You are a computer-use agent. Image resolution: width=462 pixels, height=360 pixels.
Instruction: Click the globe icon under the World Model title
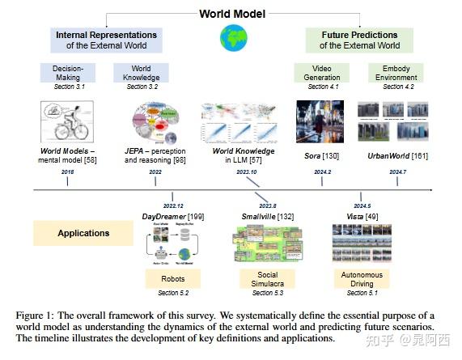click(x=234, y=38)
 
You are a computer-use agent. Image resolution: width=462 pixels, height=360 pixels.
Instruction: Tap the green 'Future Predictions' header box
click(x=358, y=40)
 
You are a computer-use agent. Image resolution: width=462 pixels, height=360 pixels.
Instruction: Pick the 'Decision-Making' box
click(x=69, y=74)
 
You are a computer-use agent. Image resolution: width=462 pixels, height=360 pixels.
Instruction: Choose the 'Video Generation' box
click(x=320, y=74)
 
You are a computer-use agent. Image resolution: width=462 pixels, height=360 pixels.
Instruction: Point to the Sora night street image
click(x=320, y=121)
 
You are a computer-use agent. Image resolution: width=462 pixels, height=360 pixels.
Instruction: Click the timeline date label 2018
click(x=67, y=172)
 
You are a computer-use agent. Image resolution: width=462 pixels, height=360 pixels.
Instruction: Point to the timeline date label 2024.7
click(x=396, y=172)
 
